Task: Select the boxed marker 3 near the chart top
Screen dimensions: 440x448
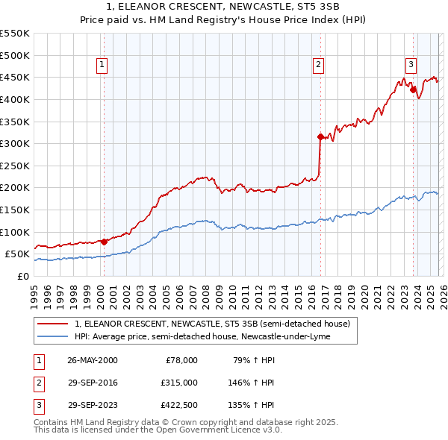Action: pos(411,64)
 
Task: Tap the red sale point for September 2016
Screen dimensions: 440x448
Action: pos(320,136)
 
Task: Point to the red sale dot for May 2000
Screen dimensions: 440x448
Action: pos(104,241)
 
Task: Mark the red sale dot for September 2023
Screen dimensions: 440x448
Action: pos(413,89)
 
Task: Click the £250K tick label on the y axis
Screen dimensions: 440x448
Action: pos(15,166)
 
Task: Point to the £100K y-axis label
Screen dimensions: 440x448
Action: pos(15,232)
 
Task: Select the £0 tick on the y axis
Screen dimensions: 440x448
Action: pos(22,276)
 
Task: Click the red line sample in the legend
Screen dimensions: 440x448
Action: pos(53,324)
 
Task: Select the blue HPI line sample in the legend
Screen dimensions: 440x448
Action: pos(53,336)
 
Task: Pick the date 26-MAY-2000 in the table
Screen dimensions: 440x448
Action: pos(92,360)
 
